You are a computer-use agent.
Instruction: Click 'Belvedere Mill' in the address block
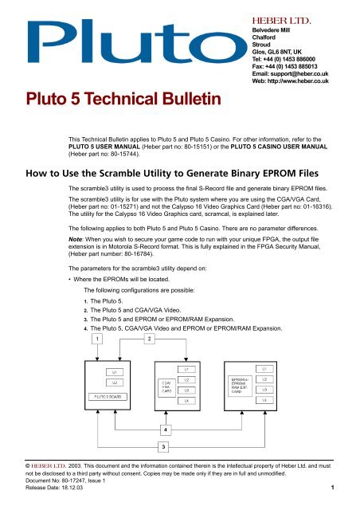265,26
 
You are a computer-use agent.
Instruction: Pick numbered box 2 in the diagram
148,339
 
